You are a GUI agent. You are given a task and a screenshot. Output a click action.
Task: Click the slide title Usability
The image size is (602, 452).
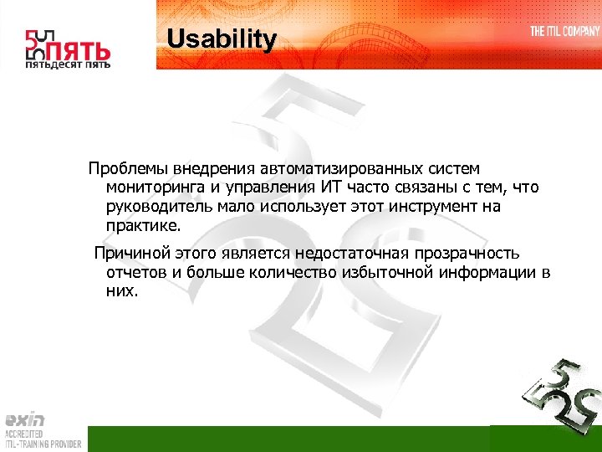(221, 39)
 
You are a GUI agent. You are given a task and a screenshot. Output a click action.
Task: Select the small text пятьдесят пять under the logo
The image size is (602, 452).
(68, 64)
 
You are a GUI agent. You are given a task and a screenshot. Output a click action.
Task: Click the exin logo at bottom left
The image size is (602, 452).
(25, 420)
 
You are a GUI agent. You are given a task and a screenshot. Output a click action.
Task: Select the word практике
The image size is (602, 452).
(142, 226)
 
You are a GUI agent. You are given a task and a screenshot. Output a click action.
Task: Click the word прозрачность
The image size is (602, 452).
(465, 254)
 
